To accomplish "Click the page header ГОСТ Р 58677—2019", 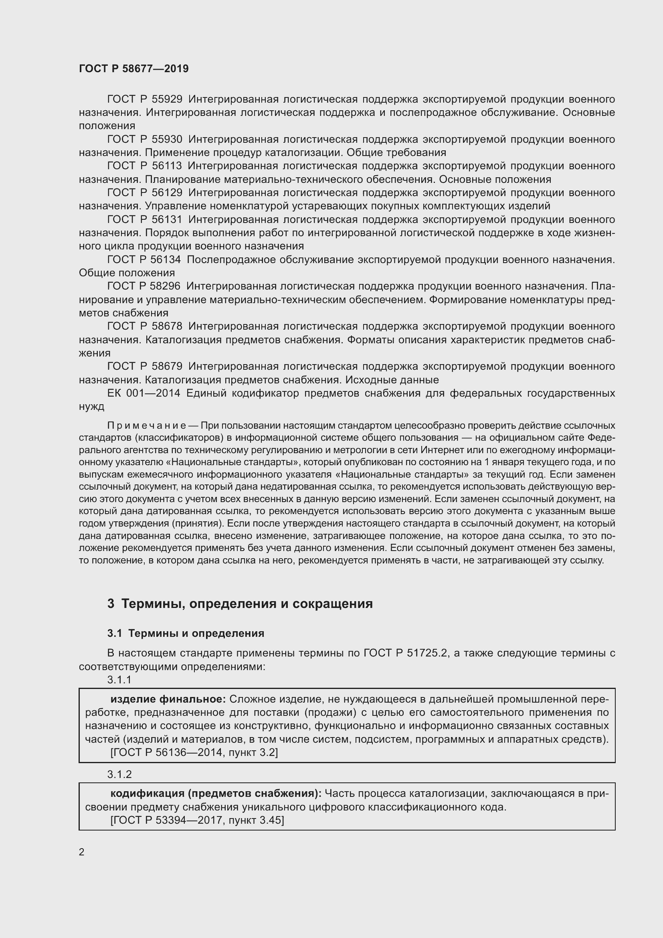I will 133,69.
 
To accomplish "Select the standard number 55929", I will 167,99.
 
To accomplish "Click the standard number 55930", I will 167,139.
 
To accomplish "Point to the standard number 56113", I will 167,166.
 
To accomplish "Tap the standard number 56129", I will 167,192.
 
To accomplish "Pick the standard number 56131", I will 167,220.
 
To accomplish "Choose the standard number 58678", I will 167,326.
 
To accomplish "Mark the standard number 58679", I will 167,366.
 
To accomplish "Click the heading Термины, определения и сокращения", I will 247,604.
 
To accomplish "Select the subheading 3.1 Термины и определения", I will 186,633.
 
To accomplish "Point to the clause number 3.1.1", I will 119,679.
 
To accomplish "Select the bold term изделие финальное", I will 168,699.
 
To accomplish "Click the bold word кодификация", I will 148,794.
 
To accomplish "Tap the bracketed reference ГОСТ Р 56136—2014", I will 167,752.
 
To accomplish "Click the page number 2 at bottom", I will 82,852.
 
